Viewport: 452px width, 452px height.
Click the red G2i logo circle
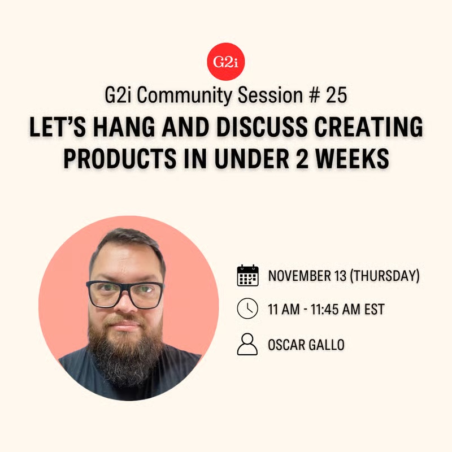coord(225,62)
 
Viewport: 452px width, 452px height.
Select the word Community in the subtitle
coord(184,95)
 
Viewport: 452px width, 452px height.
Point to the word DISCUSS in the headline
coord(262,127)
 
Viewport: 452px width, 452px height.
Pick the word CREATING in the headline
coord(368,127)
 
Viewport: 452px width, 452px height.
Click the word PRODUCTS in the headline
coord(120,158)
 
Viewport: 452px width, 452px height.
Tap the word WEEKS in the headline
coord(352,158)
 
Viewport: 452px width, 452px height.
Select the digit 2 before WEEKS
coord(302,158)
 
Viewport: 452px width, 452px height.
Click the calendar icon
coord(247,275)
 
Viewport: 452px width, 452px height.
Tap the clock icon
coord(247,308)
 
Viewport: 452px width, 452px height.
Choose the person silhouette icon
coord(247,344)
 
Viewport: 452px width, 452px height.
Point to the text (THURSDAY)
coord(385,276)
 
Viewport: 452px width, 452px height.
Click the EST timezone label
coord(375,309)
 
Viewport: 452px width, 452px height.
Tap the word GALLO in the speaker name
coord(326,345)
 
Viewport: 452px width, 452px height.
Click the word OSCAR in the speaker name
coord(286,345)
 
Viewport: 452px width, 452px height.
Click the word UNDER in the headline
coord(252,158)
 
